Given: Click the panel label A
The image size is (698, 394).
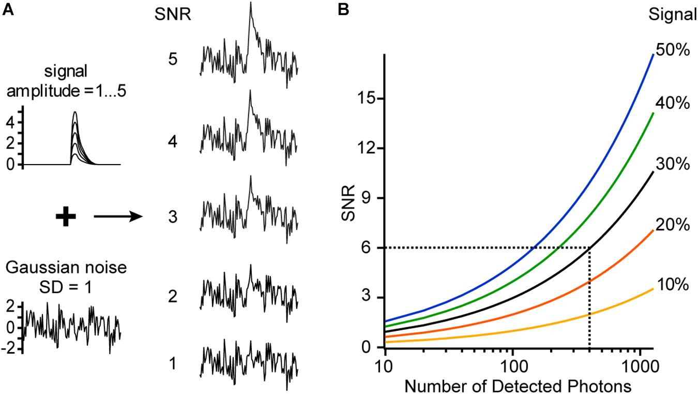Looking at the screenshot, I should [8, 10].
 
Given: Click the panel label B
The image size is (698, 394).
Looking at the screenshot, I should [344, 10].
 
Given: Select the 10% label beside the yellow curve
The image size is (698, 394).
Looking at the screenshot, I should [673, 285].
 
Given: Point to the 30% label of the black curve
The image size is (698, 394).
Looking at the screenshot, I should [673, 164].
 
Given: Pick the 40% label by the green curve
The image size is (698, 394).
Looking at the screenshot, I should [673, 104].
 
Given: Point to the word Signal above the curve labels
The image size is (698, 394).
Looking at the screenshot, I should [673, 14].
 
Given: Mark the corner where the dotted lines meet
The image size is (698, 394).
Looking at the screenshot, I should [590, 248].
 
